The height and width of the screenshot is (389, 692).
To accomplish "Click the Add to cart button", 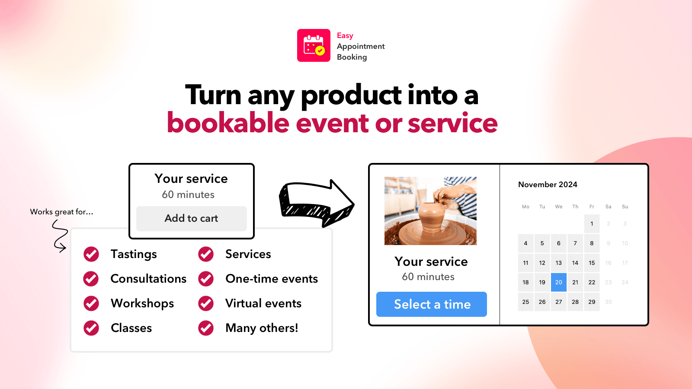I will [191, 218].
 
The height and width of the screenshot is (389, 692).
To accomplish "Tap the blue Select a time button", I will [432, 304].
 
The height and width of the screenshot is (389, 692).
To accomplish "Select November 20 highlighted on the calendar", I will [558, 282].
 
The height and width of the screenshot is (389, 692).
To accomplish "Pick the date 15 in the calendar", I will [592, 263].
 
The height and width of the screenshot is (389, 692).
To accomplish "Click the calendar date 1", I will [592, 223].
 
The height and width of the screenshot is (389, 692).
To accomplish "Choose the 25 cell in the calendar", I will [525, 302].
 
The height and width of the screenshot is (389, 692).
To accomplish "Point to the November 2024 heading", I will [548, 185].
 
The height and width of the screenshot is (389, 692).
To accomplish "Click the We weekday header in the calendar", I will [559, 207].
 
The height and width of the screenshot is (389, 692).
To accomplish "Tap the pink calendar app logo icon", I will [314, 45].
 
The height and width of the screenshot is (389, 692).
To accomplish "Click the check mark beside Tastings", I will [91, 254].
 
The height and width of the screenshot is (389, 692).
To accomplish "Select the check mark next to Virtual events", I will [206, 303].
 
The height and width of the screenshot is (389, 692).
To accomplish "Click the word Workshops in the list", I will [142, 303].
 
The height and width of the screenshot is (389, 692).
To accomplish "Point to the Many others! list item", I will [262, 328].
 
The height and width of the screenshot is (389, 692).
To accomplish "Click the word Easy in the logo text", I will [345, 35].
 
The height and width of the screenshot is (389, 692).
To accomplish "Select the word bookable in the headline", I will [228, 123].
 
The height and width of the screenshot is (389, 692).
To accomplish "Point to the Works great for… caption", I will [61, 212].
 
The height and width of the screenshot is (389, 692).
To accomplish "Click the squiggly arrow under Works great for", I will [60, 236].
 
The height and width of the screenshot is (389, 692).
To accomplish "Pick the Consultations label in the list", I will [148, 279].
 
